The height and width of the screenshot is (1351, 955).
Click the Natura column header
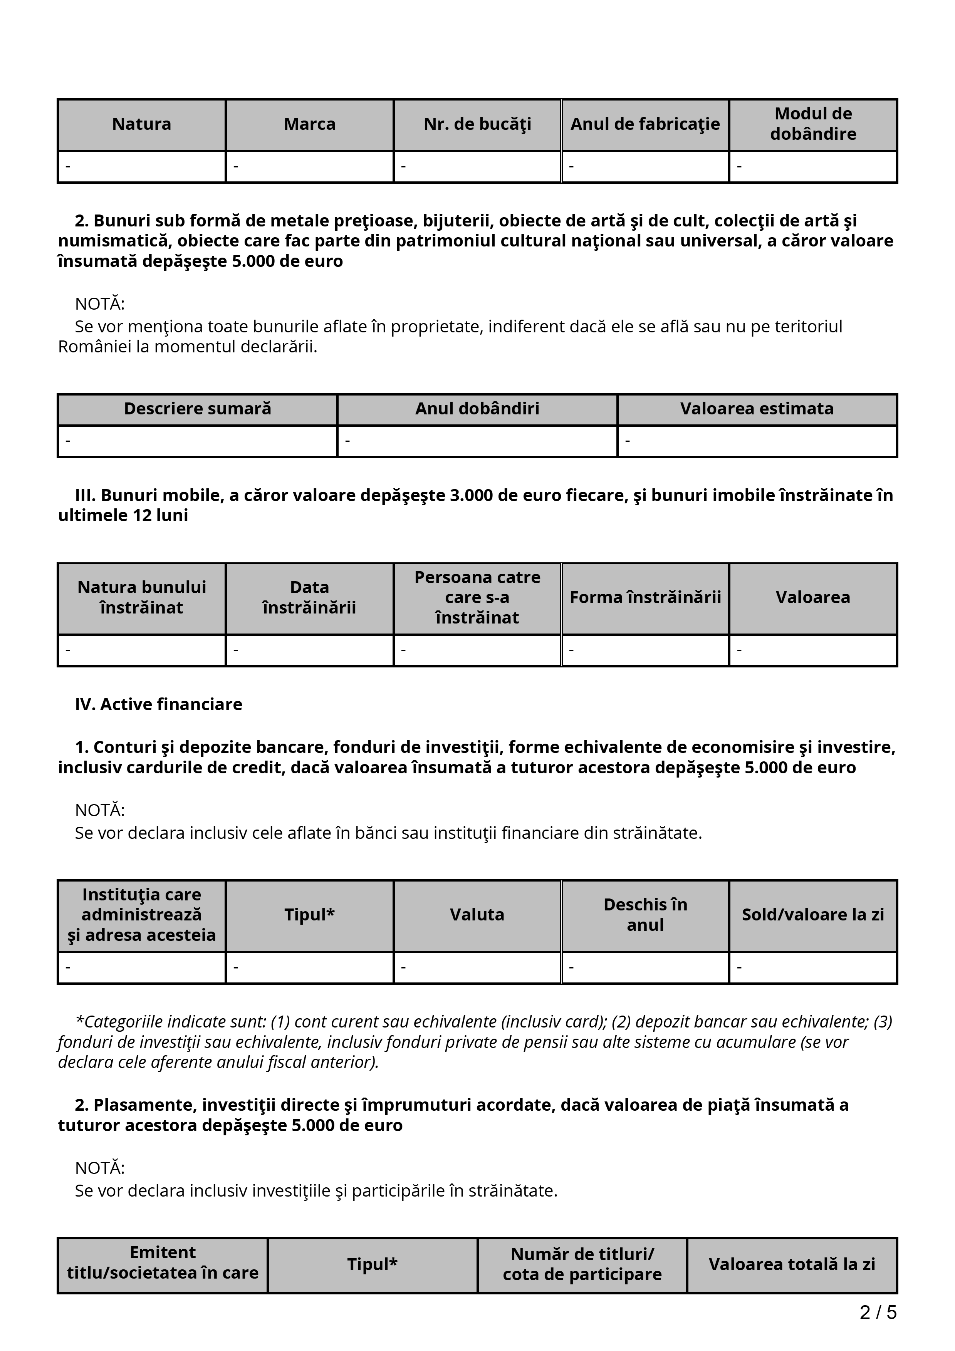click(x=141, y=124)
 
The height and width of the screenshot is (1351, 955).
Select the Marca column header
click(x=309, y=124)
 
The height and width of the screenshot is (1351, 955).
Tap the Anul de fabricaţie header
click(x=645, y=124)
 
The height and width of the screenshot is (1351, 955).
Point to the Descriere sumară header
click(x=197, y=409)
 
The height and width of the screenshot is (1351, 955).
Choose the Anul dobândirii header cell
click(x=477, y=409)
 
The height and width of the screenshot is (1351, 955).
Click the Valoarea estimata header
click(x=757, y=409)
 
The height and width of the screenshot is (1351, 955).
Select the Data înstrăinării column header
click(x=309, y=597)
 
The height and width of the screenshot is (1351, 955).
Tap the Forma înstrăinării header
click(x=645, y=597)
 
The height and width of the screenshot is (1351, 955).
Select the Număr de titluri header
click(x=582, y=1264)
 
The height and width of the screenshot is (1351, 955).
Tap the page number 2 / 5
click(x=878, y=1312)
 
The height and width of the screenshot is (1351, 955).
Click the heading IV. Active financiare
click(x=159, y=704)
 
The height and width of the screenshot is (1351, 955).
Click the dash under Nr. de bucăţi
click(x=404, y=166)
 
